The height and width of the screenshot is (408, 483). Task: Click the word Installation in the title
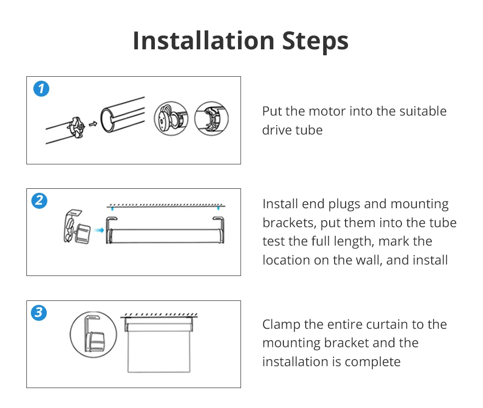[x=204, y=41]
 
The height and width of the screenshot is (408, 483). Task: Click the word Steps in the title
[x=315, y=42]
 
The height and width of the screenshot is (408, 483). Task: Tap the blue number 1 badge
[x=41, y=89]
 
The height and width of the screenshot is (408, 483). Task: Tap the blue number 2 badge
[x=39, y=201]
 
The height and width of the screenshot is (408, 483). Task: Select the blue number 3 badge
[x=39, y=312]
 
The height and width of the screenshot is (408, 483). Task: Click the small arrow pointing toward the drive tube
[x=93, y=124]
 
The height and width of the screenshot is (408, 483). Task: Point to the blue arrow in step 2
[x=99, y=230]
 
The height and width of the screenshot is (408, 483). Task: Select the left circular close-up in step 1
[x=171, y=119]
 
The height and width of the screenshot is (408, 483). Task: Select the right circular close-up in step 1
[x=211, y=119]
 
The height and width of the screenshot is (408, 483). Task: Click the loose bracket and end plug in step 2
[x=77, y=227]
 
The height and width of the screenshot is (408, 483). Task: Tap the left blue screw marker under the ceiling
[x=113, y=208]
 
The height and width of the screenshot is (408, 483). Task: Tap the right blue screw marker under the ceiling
[x=219, y=208]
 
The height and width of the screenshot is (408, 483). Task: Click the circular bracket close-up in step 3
[x=93, y=334]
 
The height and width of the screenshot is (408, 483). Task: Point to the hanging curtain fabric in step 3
[x=159, y=352]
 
